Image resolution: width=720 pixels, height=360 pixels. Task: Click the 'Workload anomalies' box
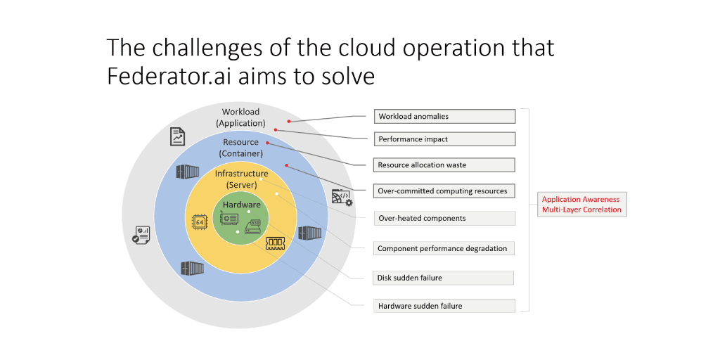[444, 116]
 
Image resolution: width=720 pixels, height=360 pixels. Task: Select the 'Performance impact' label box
[444, 139]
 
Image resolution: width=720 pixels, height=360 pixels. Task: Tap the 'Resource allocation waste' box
[444, 165]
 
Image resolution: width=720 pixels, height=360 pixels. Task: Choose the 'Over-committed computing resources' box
[444, 191]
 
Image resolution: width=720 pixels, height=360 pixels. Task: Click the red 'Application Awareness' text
[581, 200]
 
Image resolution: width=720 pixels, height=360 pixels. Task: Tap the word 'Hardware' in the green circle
[241, 205]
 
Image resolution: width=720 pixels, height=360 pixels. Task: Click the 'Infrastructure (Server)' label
[241, 179]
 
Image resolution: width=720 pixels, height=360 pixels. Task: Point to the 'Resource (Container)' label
[241, 148]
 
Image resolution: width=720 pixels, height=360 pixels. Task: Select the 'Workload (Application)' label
[241, 117]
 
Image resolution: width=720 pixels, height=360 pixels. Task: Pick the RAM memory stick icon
[275, 243]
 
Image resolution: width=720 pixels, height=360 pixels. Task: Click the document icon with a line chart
[178, 136]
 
